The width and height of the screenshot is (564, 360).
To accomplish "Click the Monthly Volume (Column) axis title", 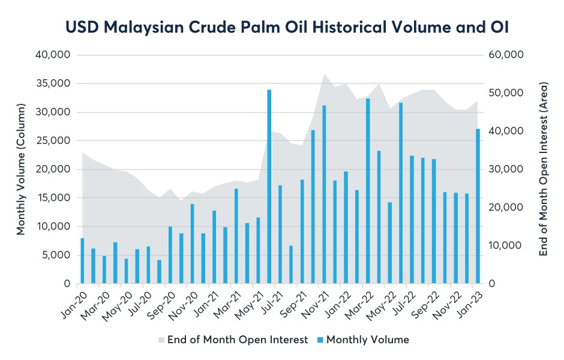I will pyautogui.click(x=21, y=169).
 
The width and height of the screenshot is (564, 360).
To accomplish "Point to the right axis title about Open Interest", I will pyautogui.click(x=544, y=169).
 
